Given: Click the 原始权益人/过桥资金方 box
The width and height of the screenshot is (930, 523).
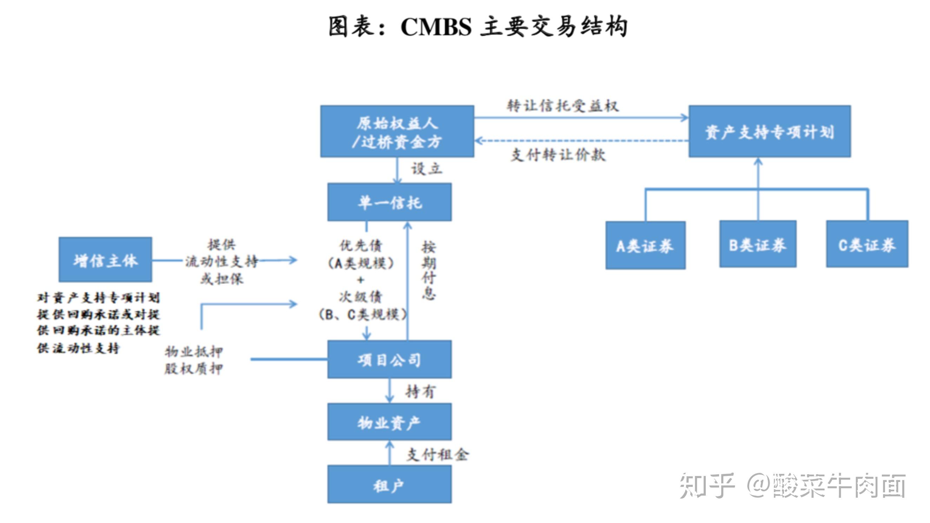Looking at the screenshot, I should click(x=397, y=132).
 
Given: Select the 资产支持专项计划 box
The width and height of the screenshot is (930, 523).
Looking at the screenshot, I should click(x=769, y=132).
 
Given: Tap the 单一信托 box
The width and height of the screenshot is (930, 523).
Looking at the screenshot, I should click(x=389, y=202).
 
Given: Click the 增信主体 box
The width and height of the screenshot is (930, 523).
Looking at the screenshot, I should click(x=105, y=260).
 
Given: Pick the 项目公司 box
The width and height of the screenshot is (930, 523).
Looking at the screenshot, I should click(x=389, y=360).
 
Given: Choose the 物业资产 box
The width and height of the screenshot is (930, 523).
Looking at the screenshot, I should click(x=389, y=422).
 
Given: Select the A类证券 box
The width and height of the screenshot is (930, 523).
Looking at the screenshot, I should click(x=645, y=246).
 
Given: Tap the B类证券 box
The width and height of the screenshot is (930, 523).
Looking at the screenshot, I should click(x=757, y=245).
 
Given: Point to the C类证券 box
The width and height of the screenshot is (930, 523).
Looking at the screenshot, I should click(x=867, y=245).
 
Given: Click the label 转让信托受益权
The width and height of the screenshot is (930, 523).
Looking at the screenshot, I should click(x=563, y=106).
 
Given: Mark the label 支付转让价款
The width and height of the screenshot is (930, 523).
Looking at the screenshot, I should click(x=558, y=154).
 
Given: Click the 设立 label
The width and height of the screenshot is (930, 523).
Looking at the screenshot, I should click(x=427, y=169).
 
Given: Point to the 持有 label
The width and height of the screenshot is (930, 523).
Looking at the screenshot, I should click(x=420, y=391).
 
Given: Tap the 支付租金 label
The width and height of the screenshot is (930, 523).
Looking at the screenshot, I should click(x=438, y=454).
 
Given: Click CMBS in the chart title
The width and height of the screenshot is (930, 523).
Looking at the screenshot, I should click(x=436, y=27).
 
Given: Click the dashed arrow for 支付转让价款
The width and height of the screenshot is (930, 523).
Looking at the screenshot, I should click(x=581, y=141).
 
